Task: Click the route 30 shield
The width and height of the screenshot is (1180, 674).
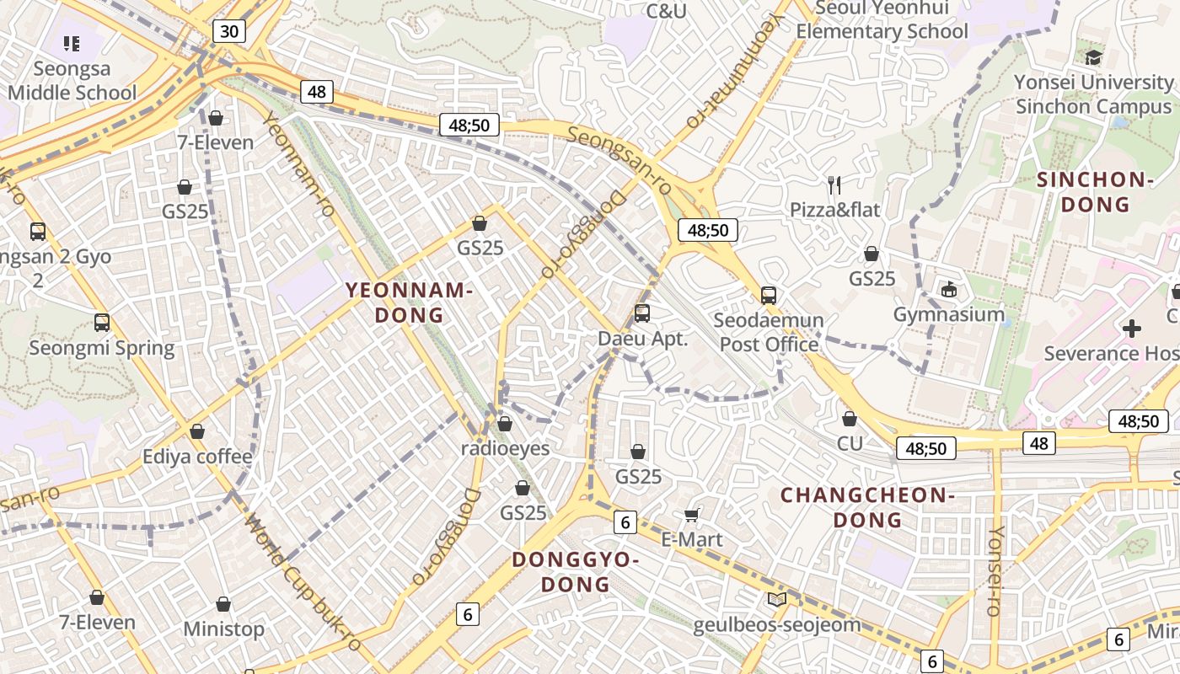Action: [x=228, y=32]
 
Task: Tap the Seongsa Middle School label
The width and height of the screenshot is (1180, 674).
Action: [x=72, y=81]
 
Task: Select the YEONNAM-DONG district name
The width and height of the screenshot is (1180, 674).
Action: [x=408, y=302]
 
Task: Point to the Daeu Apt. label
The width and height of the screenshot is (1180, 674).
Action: [x=643, y=339]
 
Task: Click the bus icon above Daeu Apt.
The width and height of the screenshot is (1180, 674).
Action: [x=642, y=313]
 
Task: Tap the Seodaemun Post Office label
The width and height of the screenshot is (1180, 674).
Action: [x=769, y=332]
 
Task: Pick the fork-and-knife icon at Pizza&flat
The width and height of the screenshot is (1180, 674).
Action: [x=834, y=185]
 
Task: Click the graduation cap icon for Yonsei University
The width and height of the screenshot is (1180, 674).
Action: [x=1093, y=57]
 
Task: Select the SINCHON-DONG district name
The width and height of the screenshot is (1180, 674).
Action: [x=1095, y=191]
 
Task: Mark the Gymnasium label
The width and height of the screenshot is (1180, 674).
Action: [x=949, y=314]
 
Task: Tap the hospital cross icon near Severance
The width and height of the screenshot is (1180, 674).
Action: [x=1132, y=328]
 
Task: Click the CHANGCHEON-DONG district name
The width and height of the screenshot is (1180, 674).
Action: [x=867, y=507]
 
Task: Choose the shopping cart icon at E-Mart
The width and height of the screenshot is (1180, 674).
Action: [x=692, y=515]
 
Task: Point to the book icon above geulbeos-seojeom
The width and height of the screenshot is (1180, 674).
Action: [x=776, y=600]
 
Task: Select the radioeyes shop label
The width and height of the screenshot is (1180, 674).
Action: [x=505, y=448]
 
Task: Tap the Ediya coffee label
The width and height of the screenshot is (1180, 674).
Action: [x=197, y=457]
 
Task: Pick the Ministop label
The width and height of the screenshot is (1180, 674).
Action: [x=223, y=629]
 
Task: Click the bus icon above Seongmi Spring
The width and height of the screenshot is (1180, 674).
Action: [x=102, y=323]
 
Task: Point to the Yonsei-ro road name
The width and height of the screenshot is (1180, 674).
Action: [x=995, y=571]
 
